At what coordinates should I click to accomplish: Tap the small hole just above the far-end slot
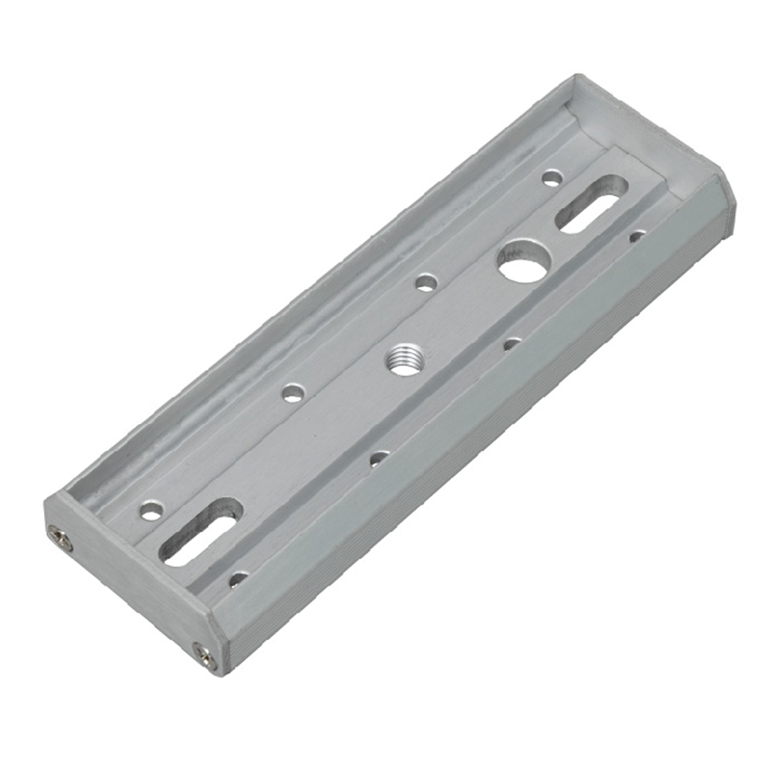point(552,179)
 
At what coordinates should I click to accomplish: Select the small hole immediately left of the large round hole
point(425,283)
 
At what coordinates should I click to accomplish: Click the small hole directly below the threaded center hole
point(378,458)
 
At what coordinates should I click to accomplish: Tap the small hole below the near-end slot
point(238,579)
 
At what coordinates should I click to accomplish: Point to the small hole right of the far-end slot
point(636,237)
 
